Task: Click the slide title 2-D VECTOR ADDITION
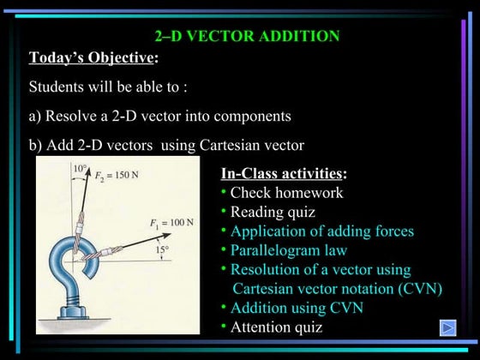click(247, 36)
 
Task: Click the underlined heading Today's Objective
click(93, 58)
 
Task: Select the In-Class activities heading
click(283, 174)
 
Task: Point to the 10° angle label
click(80, 170)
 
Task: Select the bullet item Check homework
click(286, 193)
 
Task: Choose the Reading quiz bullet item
click(273, 212)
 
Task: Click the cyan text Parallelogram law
click(288, 250)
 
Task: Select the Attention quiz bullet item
click(276, 327)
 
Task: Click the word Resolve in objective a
click(75, 116)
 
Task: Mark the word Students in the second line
click(59, 87)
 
